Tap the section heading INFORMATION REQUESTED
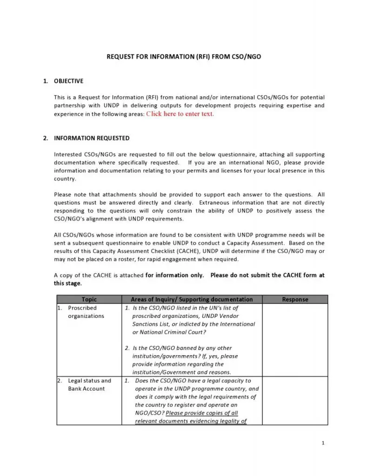click(92, 138)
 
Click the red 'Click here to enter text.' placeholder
click(180, 114)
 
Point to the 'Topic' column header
click(89, 299)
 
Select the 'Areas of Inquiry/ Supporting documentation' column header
click(192, 299)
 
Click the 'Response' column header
click(295, 299)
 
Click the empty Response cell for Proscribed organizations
click(295, 339)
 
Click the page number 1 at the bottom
click(323, 443)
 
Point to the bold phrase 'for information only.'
click(174, 275)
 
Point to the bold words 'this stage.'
click(68, 283)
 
